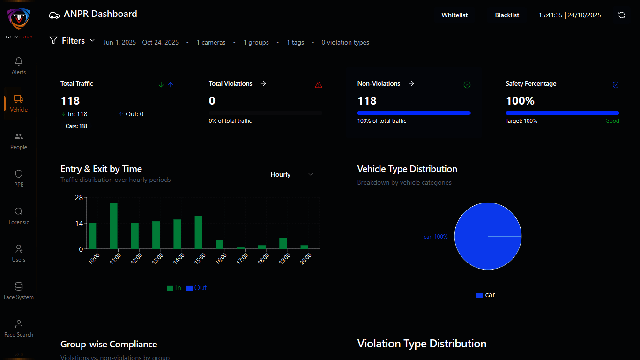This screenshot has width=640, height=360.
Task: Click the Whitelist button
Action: point(454,15)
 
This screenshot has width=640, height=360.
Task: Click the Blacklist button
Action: point(507,15)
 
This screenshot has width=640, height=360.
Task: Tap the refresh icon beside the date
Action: point(622,15)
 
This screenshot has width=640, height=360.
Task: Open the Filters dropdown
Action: point(73,41)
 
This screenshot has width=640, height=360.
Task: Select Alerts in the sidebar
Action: point(19,66)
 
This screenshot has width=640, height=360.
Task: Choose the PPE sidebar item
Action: point(19,178)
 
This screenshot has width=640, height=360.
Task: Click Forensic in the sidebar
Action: point(19,216)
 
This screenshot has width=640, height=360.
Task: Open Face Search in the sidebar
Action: point(19,328)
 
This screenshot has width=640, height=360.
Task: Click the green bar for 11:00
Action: point(113,225)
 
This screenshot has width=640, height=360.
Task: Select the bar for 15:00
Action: point(198,232)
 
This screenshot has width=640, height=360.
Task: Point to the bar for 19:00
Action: point(283,243)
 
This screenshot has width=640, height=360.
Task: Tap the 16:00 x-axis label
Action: point(221,259)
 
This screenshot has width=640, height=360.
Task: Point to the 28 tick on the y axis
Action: point(78,198)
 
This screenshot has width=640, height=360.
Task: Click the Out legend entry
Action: point(196,288)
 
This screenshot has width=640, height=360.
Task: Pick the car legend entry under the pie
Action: point(486,295)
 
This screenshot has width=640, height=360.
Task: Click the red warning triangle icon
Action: point(319,85)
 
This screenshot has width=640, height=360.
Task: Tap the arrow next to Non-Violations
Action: point(411,83)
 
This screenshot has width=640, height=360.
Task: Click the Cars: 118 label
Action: point(76,126)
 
